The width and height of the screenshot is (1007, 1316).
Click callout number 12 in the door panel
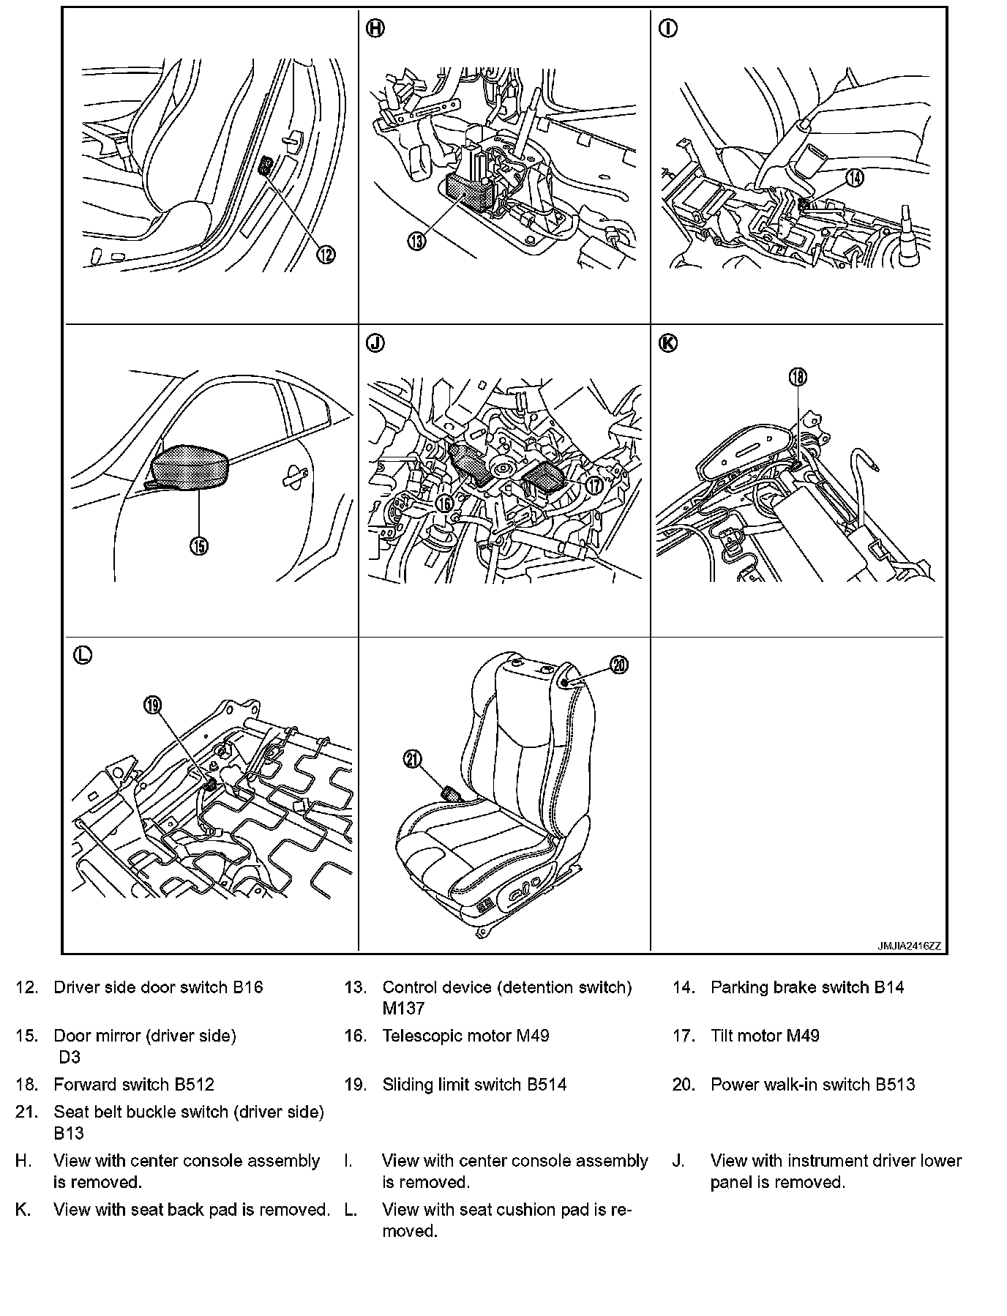326,254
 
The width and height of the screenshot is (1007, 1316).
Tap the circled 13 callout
416,241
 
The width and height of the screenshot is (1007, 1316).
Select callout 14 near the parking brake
854,177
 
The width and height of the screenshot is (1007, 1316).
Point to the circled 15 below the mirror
199,545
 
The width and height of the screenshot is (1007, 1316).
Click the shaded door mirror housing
190,466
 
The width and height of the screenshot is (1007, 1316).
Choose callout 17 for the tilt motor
593,485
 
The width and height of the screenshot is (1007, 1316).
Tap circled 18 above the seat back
797,376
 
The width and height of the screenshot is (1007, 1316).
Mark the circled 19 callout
152,705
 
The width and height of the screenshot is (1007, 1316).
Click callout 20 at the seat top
619,665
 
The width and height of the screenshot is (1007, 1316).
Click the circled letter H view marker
375,29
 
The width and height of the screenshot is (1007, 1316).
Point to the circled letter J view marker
375,343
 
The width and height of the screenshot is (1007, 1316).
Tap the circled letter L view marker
83,655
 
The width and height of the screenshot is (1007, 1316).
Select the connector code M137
403,1009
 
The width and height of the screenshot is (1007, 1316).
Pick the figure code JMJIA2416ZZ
909,946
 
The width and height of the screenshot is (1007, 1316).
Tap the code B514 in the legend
547,1085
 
